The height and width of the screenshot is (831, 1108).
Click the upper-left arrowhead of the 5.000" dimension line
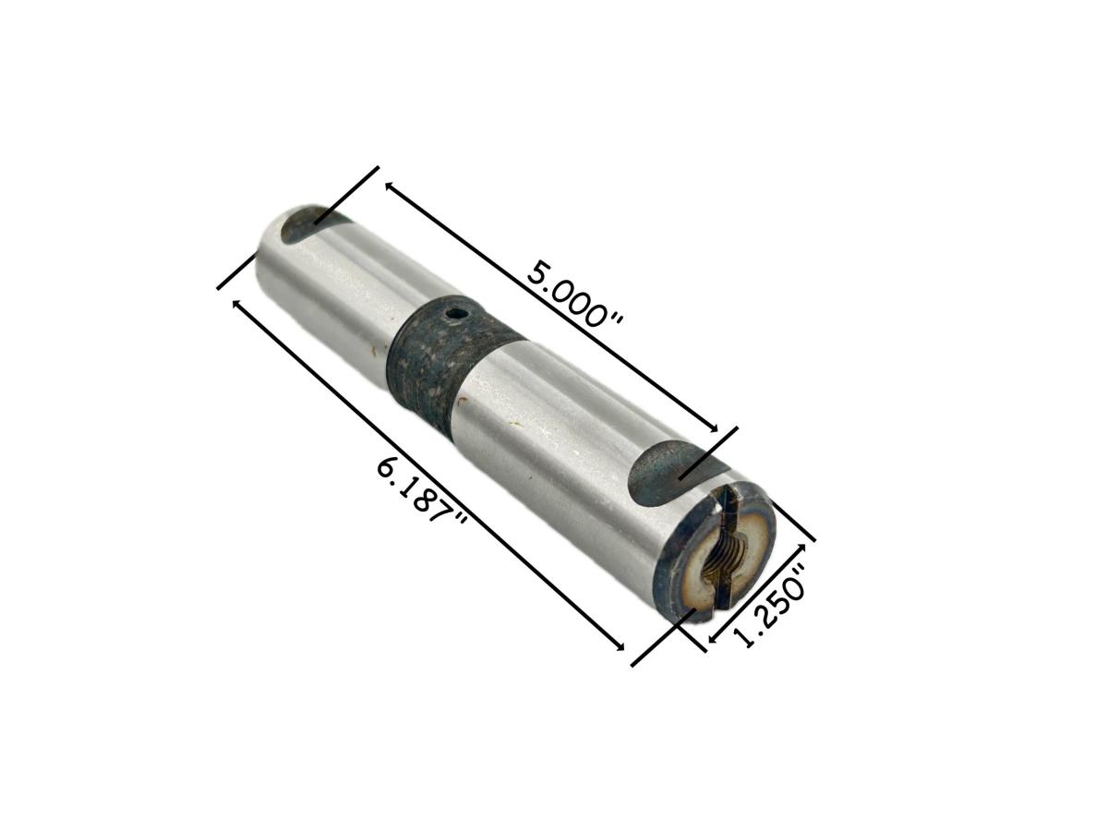click(x=390, y=187)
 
